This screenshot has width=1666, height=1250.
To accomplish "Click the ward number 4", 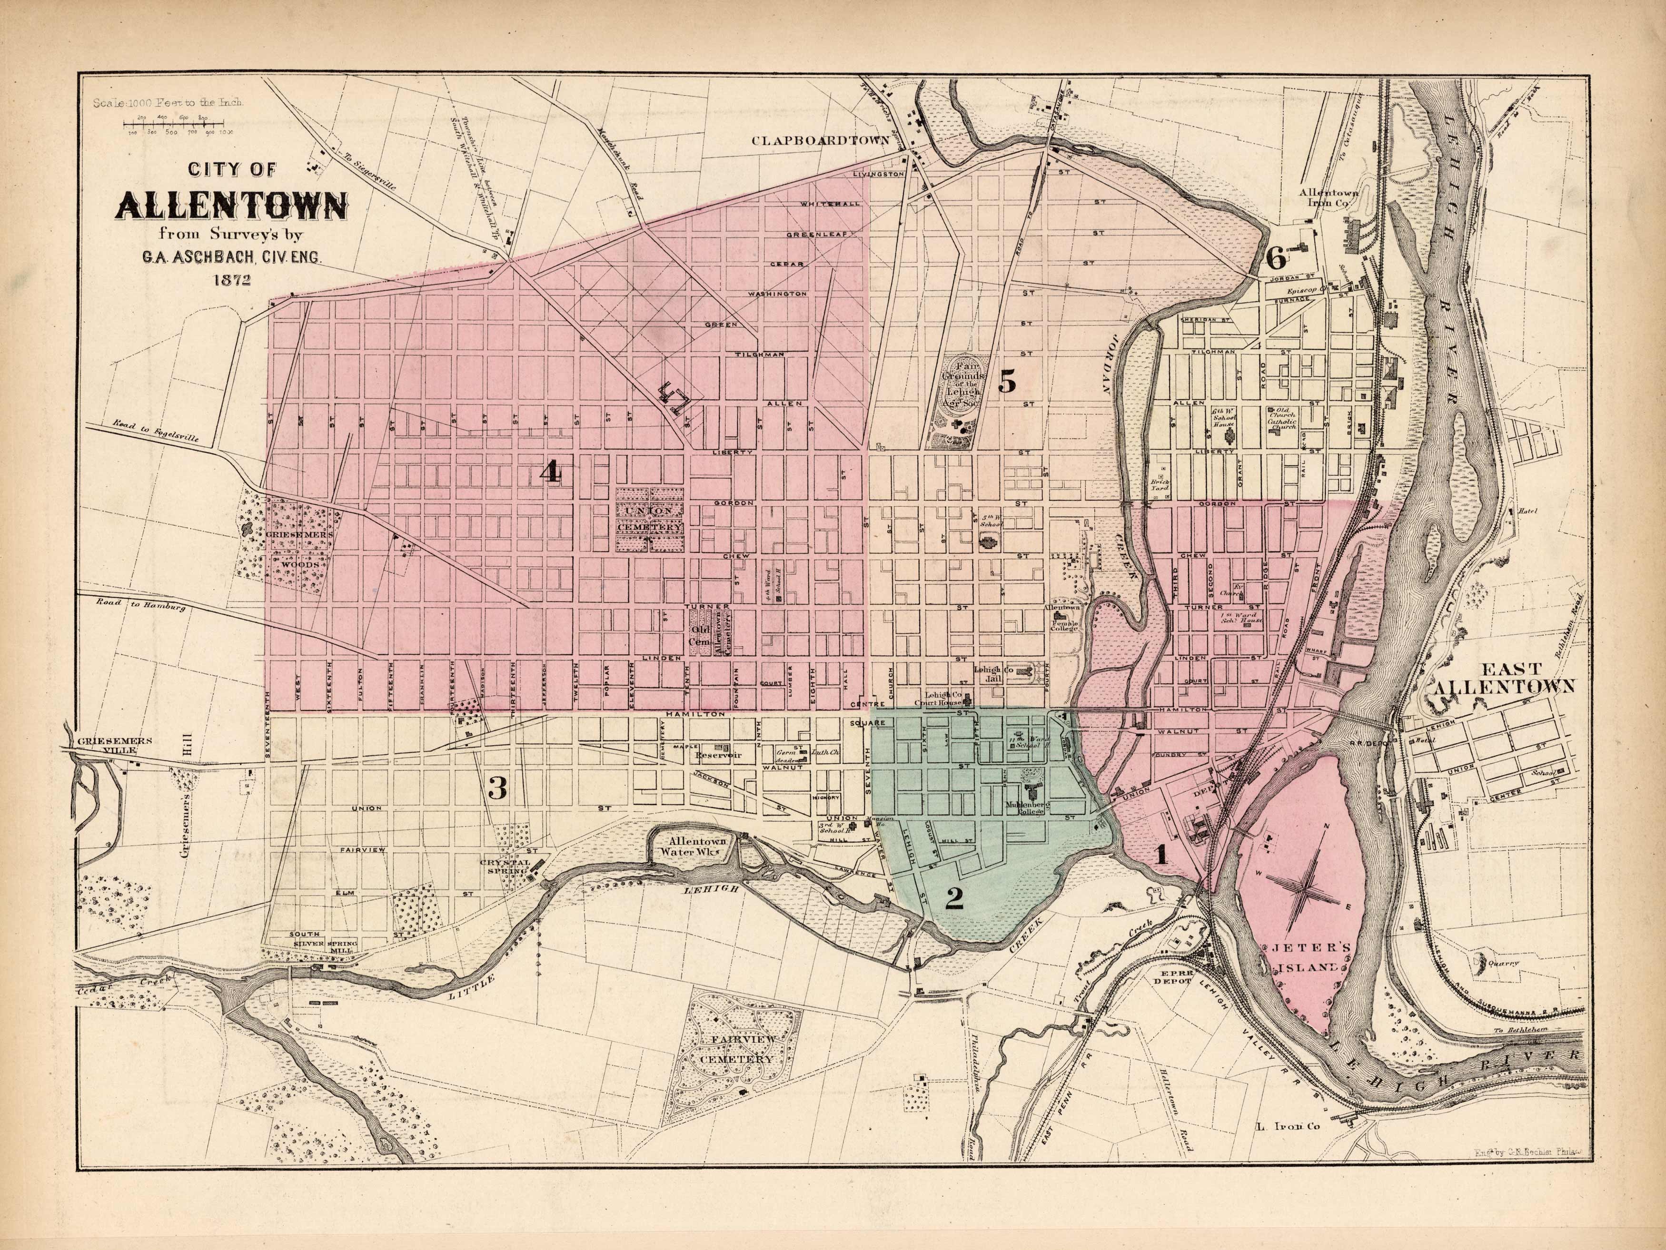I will (x=551, y=472).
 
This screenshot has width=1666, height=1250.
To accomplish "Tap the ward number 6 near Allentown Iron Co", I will (x=1276, y=258).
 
